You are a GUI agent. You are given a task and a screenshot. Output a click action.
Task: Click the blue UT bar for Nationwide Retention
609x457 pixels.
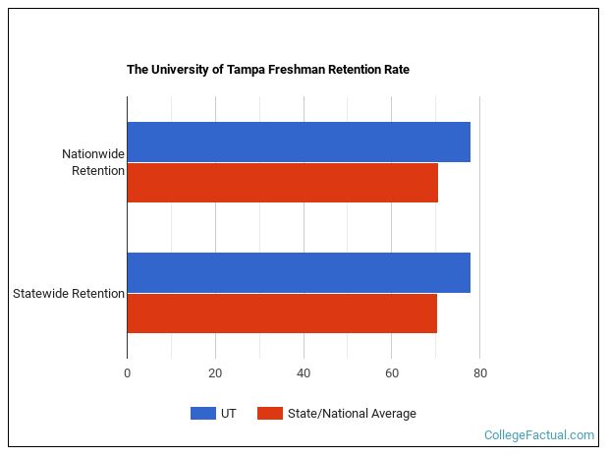pos(299,142)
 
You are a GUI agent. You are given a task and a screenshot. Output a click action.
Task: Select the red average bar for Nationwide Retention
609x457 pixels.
pos(282,183)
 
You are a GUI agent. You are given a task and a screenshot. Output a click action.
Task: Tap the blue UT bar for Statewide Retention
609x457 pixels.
pos(299,272)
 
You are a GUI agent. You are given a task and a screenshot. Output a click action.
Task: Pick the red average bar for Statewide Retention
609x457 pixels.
pos(282,314)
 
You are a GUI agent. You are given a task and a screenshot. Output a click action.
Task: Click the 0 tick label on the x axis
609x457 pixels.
pos(127,373)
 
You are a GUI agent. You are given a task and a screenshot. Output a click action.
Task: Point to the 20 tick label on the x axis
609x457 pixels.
pos(215,373)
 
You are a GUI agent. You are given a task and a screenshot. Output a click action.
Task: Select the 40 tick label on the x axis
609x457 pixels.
pos(304,373)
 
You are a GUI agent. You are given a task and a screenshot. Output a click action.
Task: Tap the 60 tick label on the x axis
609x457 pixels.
pos(391,373)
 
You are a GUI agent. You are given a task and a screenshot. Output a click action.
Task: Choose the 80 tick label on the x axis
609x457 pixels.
pos(479,373)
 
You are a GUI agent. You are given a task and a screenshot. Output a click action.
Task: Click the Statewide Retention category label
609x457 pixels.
pos(69,293)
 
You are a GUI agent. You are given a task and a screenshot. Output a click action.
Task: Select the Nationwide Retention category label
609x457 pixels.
pos(93,162)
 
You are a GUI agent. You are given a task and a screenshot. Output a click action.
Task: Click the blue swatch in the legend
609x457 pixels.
pos(202,414)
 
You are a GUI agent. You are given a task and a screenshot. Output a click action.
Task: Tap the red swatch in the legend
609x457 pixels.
pos(270,414)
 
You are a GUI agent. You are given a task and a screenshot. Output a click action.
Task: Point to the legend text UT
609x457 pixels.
pos(229,414)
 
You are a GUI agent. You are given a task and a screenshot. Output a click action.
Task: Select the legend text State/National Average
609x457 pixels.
pos(352,414)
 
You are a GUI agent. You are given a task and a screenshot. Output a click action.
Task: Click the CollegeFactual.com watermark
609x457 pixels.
pos(539,434)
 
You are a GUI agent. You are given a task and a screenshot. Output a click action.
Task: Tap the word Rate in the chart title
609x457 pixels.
pos(397,70)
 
